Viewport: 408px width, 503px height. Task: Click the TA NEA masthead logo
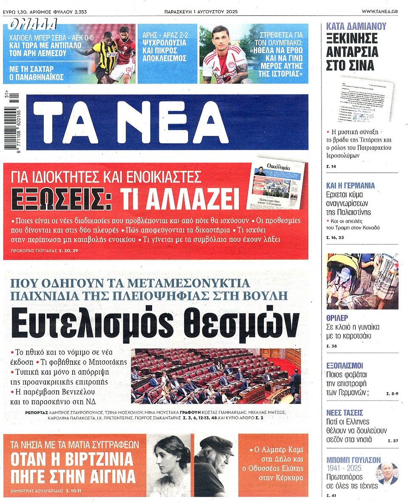(x=167, y=122)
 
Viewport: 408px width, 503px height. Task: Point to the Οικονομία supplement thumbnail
(x=276, y=186)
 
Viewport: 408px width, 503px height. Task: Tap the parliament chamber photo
(x=215, y=376)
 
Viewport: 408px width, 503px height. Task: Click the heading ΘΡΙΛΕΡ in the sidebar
(x=337, y=318)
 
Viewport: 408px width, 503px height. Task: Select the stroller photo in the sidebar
(x=362, y=281)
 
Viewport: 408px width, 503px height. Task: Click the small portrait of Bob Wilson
(x=388, y=474)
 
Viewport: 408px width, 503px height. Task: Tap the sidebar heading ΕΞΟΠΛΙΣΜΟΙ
(x=345, y=366)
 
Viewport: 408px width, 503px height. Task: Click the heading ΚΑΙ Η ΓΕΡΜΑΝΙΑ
(x=350, y=186)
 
